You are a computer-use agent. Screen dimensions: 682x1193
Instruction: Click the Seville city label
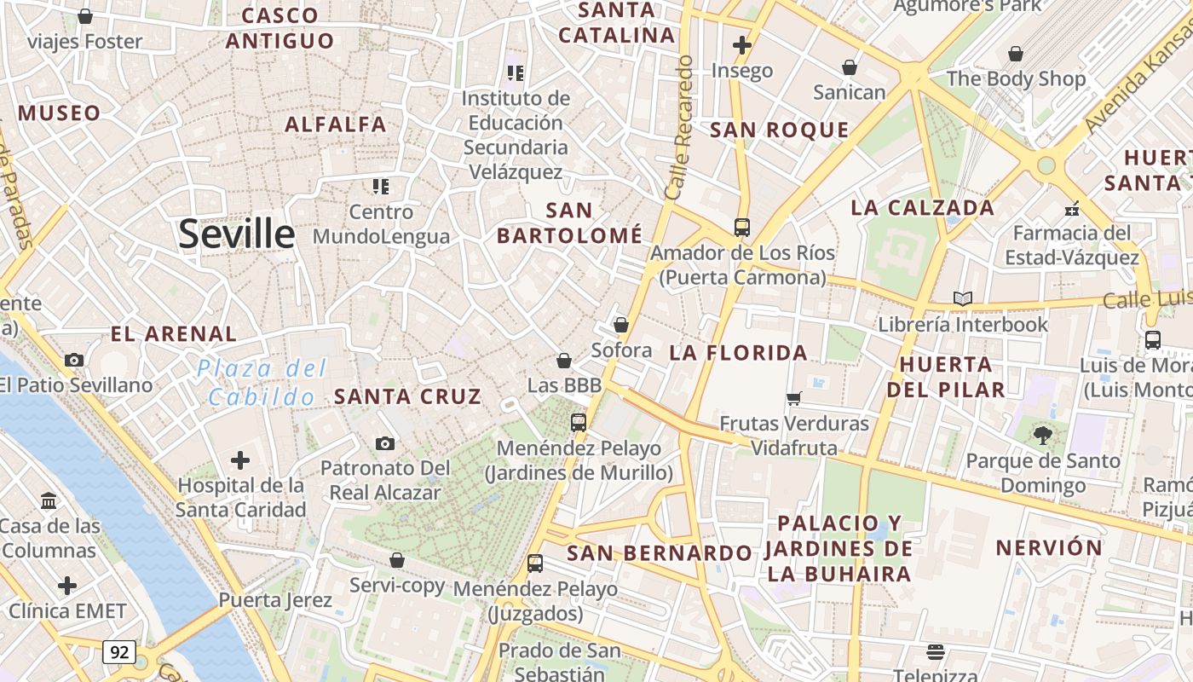tap(236, 234)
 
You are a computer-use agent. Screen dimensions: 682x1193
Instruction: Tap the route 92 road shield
tap(119, 652)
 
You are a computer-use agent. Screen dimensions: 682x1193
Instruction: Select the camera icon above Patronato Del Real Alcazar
tap(385, 443)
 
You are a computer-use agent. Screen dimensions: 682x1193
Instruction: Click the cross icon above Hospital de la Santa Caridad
tap(240, 460)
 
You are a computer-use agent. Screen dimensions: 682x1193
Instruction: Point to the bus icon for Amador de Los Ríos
tap(742, 228)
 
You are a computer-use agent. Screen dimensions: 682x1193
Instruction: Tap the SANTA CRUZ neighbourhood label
tap(407, 396)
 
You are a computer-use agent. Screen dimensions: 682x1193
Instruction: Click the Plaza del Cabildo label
tap(262, 383)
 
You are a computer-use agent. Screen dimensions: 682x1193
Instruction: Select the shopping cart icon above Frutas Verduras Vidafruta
tap(794, 398)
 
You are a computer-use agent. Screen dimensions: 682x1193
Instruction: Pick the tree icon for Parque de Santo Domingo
tap(1042, 436)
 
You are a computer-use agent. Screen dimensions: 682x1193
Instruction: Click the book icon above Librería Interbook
tap(963, 298)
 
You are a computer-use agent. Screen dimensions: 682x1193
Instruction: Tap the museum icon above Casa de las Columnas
tap(49, 500)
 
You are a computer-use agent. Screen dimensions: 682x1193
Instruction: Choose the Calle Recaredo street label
tap(679, 128)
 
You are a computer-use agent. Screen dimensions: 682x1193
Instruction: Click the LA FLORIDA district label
tap(738, 352)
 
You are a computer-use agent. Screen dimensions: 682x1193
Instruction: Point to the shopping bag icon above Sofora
tap(621, 325)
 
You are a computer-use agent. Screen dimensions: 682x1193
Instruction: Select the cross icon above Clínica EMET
tap(67, 586)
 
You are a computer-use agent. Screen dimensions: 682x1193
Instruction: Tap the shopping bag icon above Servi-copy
tap(396, 560)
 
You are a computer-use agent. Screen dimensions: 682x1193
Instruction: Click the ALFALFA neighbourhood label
tap(336, 124)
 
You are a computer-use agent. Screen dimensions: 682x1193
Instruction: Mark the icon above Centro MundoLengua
tap(381, 186)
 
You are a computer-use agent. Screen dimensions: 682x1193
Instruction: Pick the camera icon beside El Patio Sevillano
tap(74, 360)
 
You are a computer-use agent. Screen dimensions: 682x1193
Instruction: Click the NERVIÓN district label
tap(1049, 547)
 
